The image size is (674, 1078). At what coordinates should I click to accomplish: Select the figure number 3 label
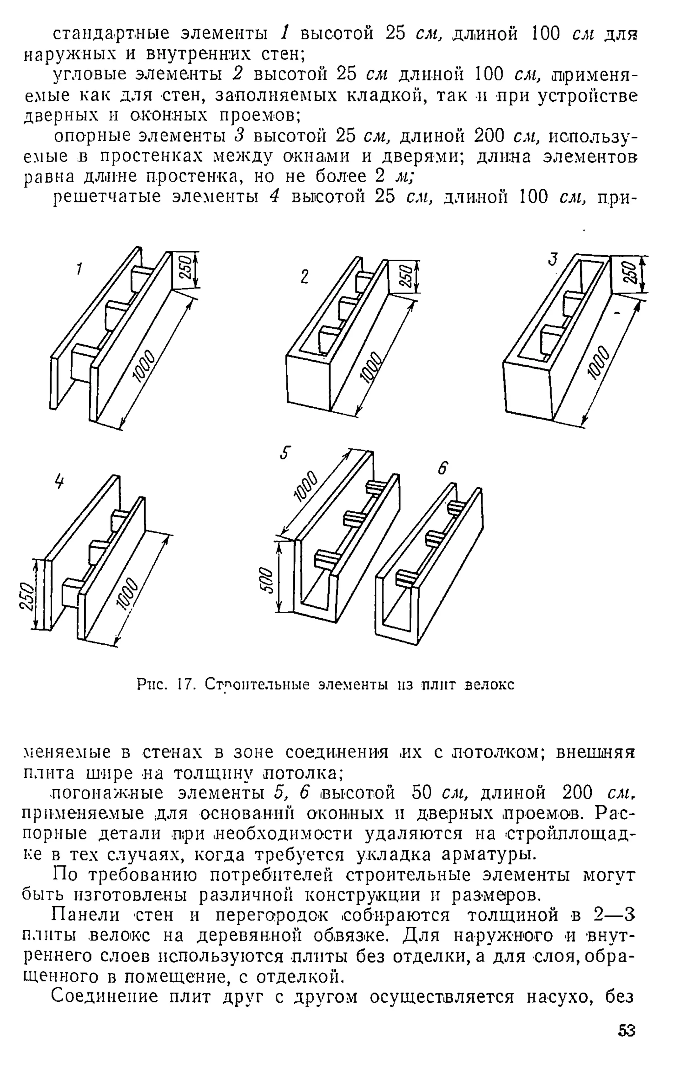[x=553, y=259]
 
